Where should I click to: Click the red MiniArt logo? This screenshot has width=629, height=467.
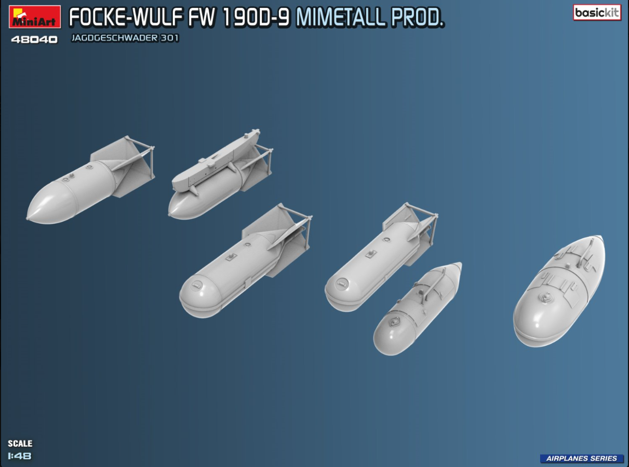point(35,17)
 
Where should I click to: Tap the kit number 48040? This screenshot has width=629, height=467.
point(34,39)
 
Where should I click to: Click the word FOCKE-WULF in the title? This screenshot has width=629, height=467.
point(126,18)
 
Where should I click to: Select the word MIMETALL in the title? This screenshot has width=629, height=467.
point(340,18)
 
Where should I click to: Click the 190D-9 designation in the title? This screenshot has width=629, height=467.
point(257,18)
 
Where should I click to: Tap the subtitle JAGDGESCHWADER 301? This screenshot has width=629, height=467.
point(125,38)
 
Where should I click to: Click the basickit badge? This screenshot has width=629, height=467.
point(597,13)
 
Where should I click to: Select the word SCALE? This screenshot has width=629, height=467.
point(20,444)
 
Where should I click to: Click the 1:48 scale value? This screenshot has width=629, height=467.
point(20,456)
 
